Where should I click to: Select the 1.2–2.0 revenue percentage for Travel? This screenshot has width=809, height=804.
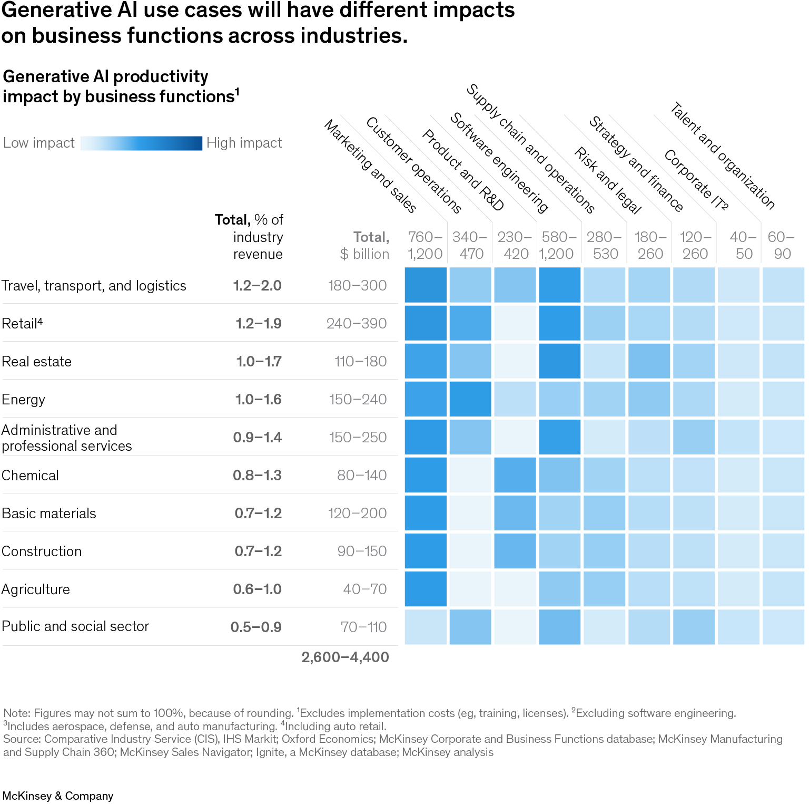(257, 286)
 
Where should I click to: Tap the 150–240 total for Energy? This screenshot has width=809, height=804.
(358, 400)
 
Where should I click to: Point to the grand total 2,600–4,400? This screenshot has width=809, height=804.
(345, 657)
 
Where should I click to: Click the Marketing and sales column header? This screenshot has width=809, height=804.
(371, 167)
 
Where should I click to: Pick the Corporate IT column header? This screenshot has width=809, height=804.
(696, 180)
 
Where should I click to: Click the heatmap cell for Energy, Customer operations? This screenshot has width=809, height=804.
(470, 399)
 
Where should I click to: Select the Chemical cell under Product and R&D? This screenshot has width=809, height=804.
(515, 475)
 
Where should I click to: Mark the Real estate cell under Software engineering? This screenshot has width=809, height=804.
(560, 361)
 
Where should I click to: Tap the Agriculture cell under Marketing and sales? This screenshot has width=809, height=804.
(426, 589)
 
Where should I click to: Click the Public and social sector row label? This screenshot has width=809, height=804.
(75, 626)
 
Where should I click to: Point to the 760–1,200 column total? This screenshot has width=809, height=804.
(425, 246)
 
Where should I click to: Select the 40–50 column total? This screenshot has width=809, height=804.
(743, 246)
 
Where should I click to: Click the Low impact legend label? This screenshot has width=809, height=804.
(39, 143)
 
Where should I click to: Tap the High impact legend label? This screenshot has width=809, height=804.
(244, 143)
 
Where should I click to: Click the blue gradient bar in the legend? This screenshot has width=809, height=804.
(141, 143)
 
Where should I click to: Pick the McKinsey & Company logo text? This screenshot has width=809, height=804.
(58, 796)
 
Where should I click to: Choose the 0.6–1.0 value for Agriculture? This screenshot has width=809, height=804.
(257, 589)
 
